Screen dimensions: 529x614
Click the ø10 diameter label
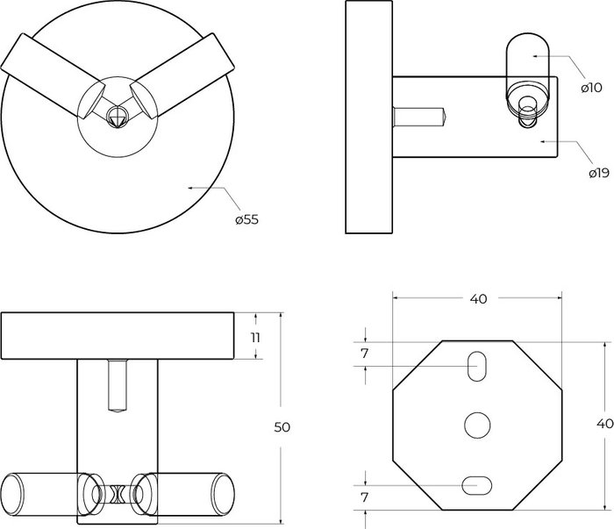tap(590, 88)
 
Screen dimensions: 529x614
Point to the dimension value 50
tap(282, 427)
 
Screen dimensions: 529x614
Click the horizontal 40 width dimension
tap(478, 298)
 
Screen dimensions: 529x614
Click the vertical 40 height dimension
tap(603, 424)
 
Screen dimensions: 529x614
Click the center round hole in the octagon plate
tap(477, 425)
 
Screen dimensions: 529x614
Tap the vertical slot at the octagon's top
tap(477, 366)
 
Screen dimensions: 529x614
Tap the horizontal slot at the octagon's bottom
tap(477, 483)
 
